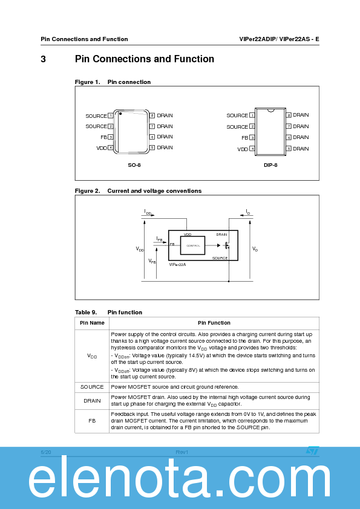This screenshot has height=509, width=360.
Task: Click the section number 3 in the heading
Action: click(x=44, y=59)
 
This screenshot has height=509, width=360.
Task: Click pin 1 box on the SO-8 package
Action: click(x=111, y=115)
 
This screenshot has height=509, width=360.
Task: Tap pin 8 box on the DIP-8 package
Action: click(x=289, y=115)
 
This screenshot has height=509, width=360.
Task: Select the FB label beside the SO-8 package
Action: click(x=103, y=137)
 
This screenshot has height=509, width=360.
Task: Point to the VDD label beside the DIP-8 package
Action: click(x=242, y=149)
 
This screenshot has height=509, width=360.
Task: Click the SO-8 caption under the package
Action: click(x=134, y=164)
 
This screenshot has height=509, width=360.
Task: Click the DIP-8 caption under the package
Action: click(x=270, y=164)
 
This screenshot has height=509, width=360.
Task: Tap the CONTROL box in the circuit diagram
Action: click(x=193, y=245)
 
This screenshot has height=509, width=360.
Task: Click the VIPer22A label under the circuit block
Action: click(x=177, y=264)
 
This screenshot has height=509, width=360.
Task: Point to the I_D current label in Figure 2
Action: click(x=247, y=212)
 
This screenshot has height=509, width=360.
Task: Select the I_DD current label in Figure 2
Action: click(x=148, y=212)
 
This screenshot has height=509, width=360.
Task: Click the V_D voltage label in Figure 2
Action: click(x=255, y=249)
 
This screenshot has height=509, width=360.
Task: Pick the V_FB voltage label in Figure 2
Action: click(x=152, y=261)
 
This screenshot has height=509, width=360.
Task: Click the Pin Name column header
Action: click(x=92, y=323)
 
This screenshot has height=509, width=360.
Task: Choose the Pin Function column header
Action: click(x=214, y=323)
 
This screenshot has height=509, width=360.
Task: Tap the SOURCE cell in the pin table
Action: click(x=92, y=387)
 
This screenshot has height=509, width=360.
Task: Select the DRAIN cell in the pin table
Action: click(x=92, y=400)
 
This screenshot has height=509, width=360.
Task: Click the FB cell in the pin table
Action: click(x=92, y=421)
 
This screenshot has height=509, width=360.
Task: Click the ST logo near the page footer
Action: click(x=312, y=451)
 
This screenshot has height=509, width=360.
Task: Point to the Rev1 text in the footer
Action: click(x=182, y=452)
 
